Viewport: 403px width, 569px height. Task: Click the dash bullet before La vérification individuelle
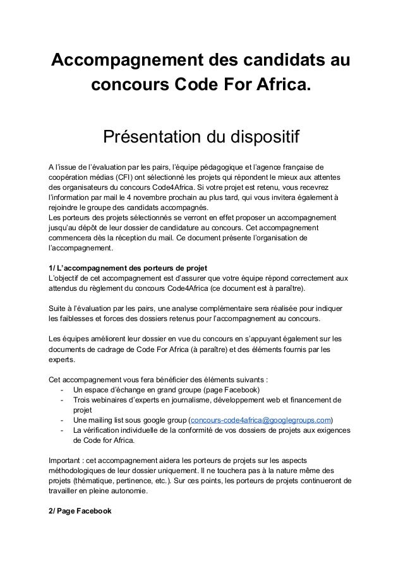61,431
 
